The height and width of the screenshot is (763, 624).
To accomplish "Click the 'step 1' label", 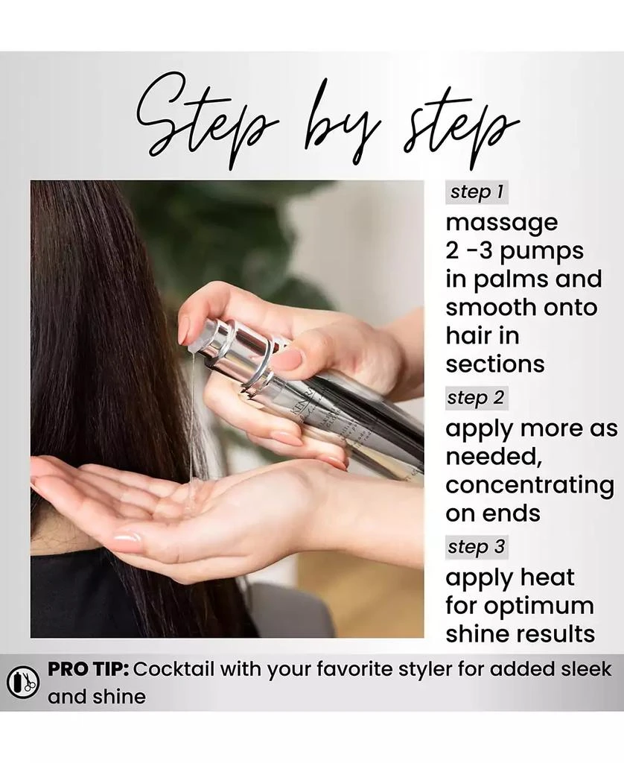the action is pos(477,191).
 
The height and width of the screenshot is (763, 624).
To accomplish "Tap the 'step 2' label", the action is pos(477,398).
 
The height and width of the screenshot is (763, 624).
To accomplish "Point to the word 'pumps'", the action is pos(541,252).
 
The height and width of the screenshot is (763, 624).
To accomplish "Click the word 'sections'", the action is pos(495,364).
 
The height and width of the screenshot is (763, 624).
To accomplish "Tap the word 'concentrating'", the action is pos(530,486).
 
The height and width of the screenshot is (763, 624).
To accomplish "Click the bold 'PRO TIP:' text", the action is pos(88,669).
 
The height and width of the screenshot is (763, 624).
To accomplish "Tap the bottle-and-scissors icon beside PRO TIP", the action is pos(23,683).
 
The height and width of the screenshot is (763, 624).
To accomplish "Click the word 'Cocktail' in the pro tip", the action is pos(173,669).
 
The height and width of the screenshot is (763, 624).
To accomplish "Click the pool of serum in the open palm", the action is pos(192,496).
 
